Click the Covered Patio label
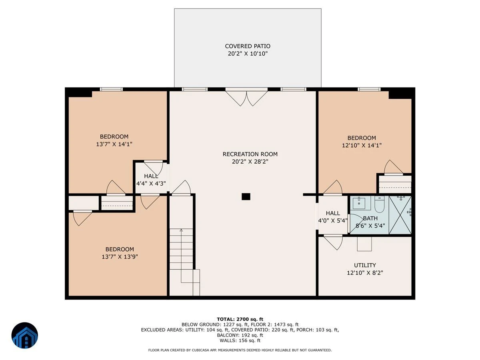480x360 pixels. [x=248, y=46]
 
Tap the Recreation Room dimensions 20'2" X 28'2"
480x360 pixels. [x=250, y=162]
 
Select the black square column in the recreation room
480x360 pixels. [x=246, y=196]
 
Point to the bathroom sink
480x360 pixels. [x=360, y=203]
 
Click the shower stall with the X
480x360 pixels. [x=400, y=215]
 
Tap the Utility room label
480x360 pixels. [x=365, y=265]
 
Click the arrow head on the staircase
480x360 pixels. [x=181, y=230]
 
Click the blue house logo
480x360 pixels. [x=25, y=335]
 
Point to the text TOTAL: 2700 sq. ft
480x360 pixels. [x=240, y=319]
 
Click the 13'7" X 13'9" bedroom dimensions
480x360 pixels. [x=120, y=257]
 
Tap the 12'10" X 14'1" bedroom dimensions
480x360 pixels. [x=362, y=145]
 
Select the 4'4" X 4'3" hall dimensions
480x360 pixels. [x=151, y=183]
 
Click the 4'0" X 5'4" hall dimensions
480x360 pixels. [x=333, y=220]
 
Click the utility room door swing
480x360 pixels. [x=333, y=242]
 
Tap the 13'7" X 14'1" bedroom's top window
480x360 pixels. [x=111, y=89]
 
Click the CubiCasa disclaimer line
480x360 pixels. [x=240, y=350]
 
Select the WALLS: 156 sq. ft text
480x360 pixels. [x=240, y=340]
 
